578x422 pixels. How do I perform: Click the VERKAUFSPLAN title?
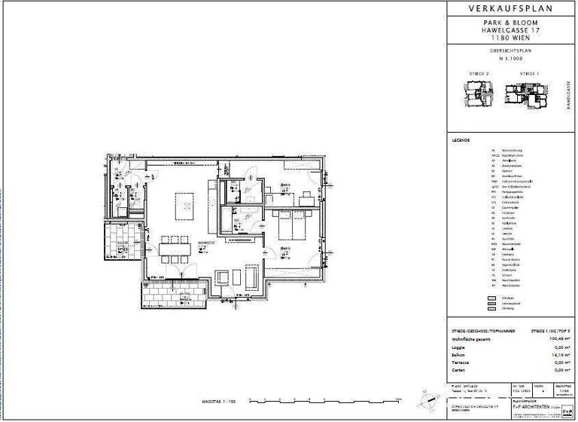point(510,9)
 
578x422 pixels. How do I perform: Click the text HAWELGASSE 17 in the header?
point(510,31)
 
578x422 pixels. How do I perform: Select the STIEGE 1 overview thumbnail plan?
point(528,93)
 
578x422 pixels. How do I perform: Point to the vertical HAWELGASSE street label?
point(565,97)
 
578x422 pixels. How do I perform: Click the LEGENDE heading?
point(461,141)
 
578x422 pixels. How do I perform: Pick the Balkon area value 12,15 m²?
point(559,355)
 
